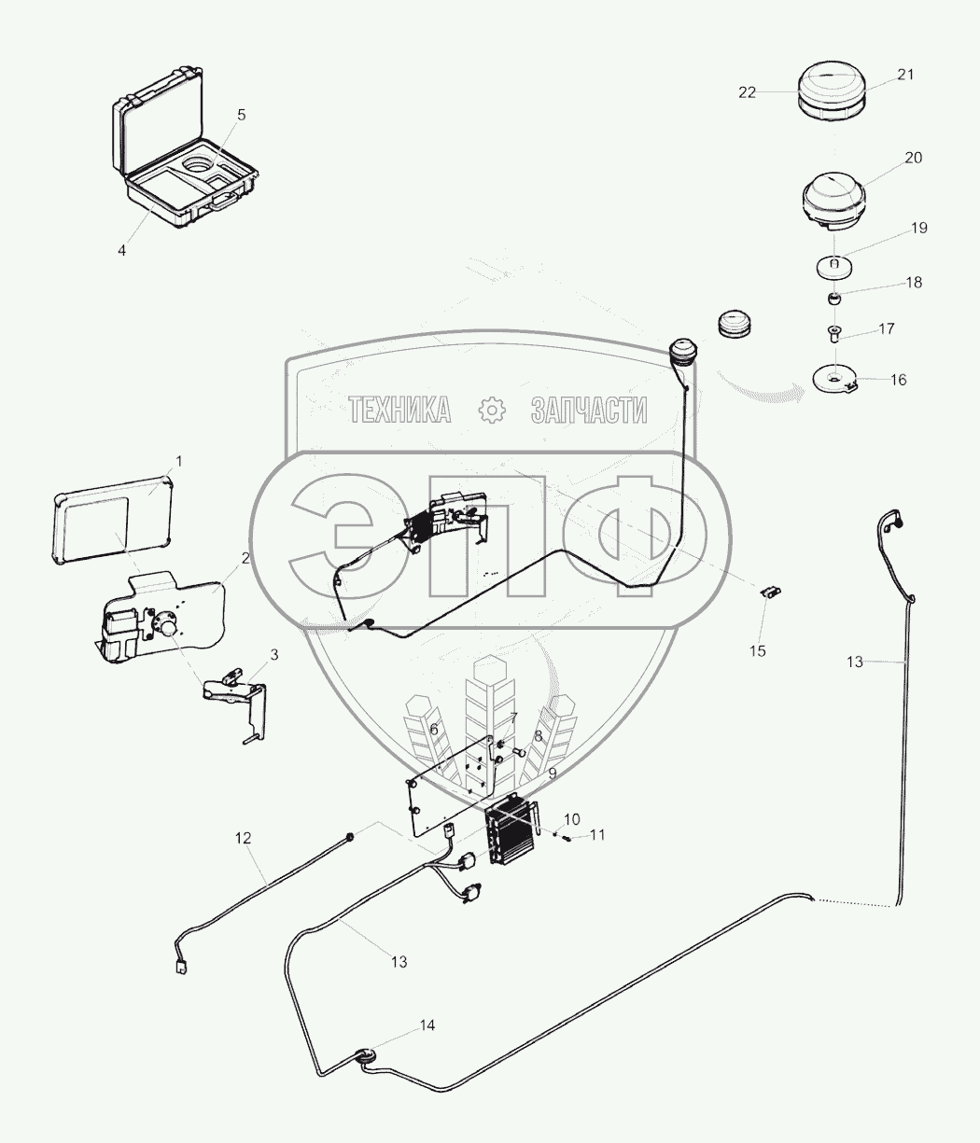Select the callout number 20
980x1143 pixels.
913,158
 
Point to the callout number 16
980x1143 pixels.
898,380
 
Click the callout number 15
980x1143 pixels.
758,650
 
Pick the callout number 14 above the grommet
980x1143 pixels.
427,1025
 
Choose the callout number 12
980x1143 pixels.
243,838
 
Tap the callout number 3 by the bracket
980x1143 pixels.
273,655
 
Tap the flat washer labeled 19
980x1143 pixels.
834,268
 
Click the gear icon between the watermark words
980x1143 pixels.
491,409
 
